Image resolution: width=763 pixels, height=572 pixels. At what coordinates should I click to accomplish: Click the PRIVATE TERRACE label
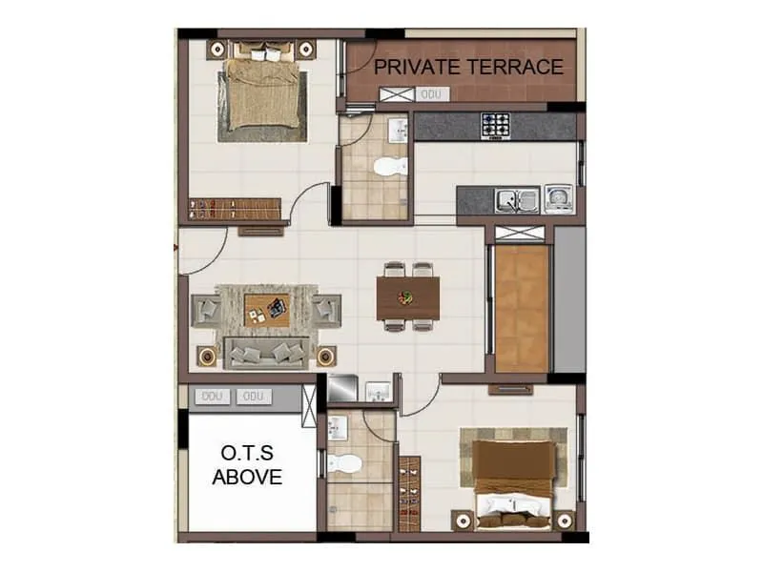point(468,68)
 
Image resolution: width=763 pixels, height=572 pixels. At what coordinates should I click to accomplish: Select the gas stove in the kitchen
point(495,125)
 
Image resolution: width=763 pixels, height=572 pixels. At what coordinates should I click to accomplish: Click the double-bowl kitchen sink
point(516,200)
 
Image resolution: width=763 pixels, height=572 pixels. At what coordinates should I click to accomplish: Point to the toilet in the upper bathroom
point(388,169)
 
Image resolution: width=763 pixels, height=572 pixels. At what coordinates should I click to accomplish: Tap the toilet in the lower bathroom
point(344,464)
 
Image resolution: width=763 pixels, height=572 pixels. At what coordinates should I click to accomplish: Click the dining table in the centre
point(409,296)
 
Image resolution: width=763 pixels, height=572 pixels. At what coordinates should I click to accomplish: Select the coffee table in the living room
point(266,309)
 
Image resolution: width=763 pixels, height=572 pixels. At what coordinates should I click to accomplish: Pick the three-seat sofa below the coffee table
point(266,353)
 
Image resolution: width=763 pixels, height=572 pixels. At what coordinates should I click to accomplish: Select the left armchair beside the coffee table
point(208,310)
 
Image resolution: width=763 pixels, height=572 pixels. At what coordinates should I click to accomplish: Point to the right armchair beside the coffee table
point(326,309)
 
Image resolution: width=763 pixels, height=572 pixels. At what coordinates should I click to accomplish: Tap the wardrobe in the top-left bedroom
point(236,208)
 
